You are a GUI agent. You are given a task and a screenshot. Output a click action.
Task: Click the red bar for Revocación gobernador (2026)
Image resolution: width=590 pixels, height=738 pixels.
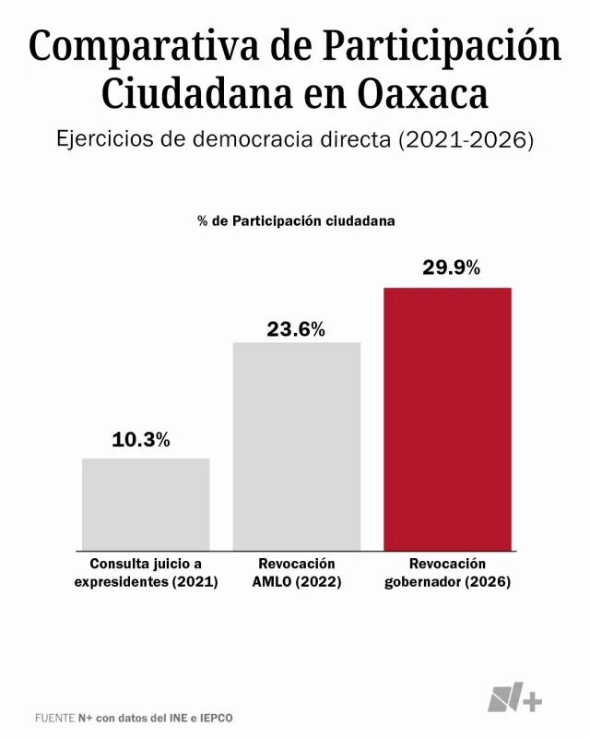click(447, 419)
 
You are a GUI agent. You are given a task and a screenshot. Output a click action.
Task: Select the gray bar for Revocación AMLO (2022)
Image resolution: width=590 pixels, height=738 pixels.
click(296, 446)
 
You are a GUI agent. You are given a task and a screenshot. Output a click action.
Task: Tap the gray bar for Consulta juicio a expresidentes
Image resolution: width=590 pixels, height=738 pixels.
click(146, 504)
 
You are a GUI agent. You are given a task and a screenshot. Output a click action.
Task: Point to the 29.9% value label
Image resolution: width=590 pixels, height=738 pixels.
click(452, 268)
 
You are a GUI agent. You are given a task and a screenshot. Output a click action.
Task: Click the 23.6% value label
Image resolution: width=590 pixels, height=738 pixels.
click(296, 329)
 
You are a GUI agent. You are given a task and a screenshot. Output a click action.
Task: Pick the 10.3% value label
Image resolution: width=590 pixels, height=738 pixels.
click(141, 440)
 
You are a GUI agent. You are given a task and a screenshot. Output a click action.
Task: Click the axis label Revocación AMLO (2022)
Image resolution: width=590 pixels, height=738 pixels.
click(296, 573)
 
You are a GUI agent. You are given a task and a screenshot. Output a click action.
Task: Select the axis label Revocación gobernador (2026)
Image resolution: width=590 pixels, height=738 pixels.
click(447, 573)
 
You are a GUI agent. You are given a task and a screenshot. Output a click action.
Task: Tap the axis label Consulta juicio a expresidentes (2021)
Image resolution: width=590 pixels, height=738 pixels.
click(146, 573)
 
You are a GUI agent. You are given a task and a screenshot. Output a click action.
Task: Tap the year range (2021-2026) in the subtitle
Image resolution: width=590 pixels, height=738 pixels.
click(466, 141)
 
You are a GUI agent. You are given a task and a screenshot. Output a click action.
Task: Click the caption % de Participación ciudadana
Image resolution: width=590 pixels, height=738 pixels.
click(296, 221)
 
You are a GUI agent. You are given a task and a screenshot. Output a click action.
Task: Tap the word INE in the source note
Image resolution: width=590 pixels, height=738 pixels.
click(185, 717)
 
